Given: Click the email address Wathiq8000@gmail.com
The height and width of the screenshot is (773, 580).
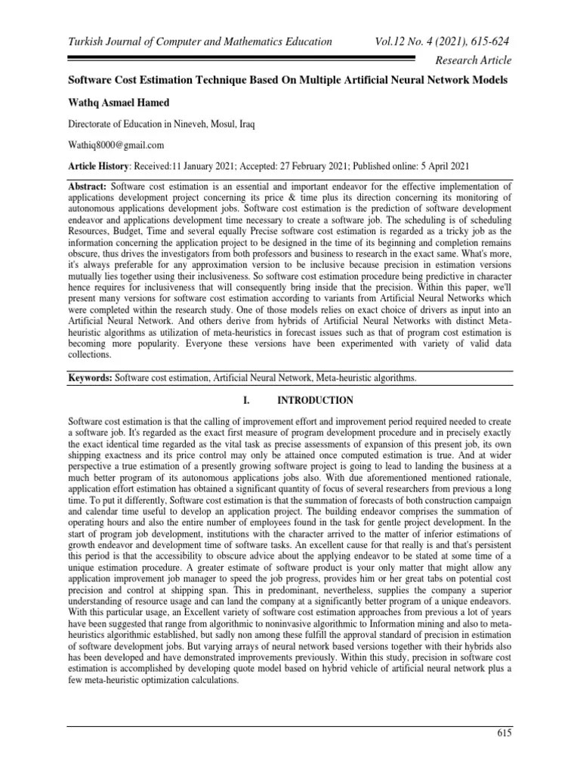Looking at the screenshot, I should pos(116,144).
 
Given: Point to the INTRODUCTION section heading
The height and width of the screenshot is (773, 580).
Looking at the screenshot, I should pos(315,400).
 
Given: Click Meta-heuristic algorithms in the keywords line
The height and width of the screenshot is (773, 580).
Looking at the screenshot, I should pos(364,376).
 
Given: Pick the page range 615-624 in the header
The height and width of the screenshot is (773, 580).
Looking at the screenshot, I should pos(485,42).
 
